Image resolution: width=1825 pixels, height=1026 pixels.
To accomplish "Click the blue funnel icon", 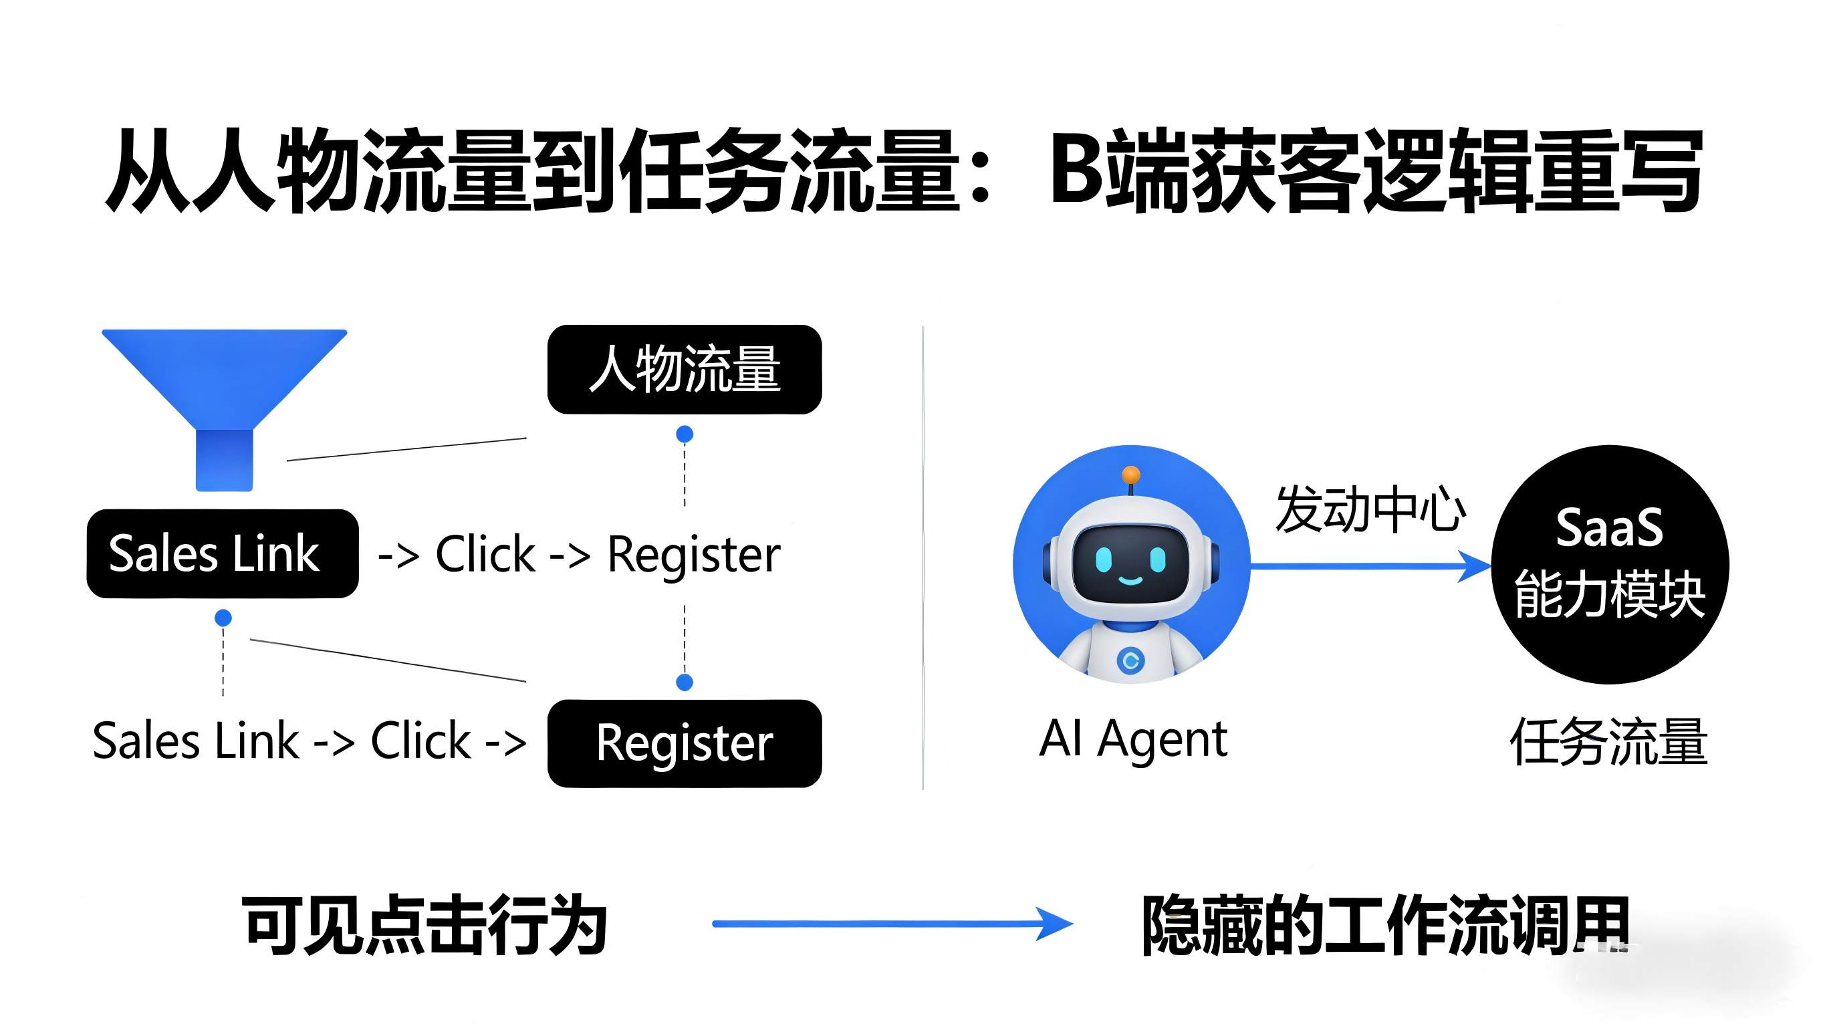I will click(x=224, y=397).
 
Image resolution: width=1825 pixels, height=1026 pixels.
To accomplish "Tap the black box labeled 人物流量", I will click(x=685, y=369).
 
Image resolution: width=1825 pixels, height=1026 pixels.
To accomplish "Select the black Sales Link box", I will click(x=223, y=553).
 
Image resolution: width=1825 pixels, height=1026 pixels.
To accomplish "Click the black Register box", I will click(x=685, y=743).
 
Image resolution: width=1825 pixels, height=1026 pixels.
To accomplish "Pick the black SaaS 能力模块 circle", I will click(x=1610, y=564).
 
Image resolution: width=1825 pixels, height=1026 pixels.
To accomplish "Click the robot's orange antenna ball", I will click(x=1131, y=474).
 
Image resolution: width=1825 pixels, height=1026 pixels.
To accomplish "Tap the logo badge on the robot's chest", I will click(x=1130, y=661).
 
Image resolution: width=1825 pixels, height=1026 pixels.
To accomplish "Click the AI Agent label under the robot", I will click(x=1133, y=739).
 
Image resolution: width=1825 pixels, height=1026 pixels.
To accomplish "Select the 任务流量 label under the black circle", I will click(x=1609, y=741).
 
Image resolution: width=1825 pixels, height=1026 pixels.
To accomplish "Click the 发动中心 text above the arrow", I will click(x=1370, y=509).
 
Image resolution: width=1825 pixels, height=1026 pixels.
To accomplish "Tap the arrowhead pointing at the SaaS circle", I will click(x=1477, y=566).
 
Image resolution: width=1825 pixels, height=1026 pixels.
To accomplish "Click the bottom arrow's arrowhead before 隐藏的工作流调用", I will click(x=1056, y=923).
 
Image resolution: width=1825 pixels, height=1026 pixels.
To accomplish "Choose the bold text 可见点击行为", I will click(x=424, y=924).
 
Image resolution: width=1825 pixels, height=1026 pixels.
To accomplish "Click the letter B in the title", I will click(x=1077, y=168).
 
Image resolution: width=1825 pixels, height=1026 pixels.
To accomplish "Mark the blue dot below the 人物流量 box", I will click(x=685, y=434).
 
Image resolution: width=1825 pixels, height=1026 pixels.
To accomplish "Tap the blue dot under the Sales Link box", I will click(x=223, y=618).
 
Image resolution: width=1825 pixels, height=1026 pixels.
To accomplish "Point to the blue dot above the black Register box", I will click(x=685, y=682).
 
